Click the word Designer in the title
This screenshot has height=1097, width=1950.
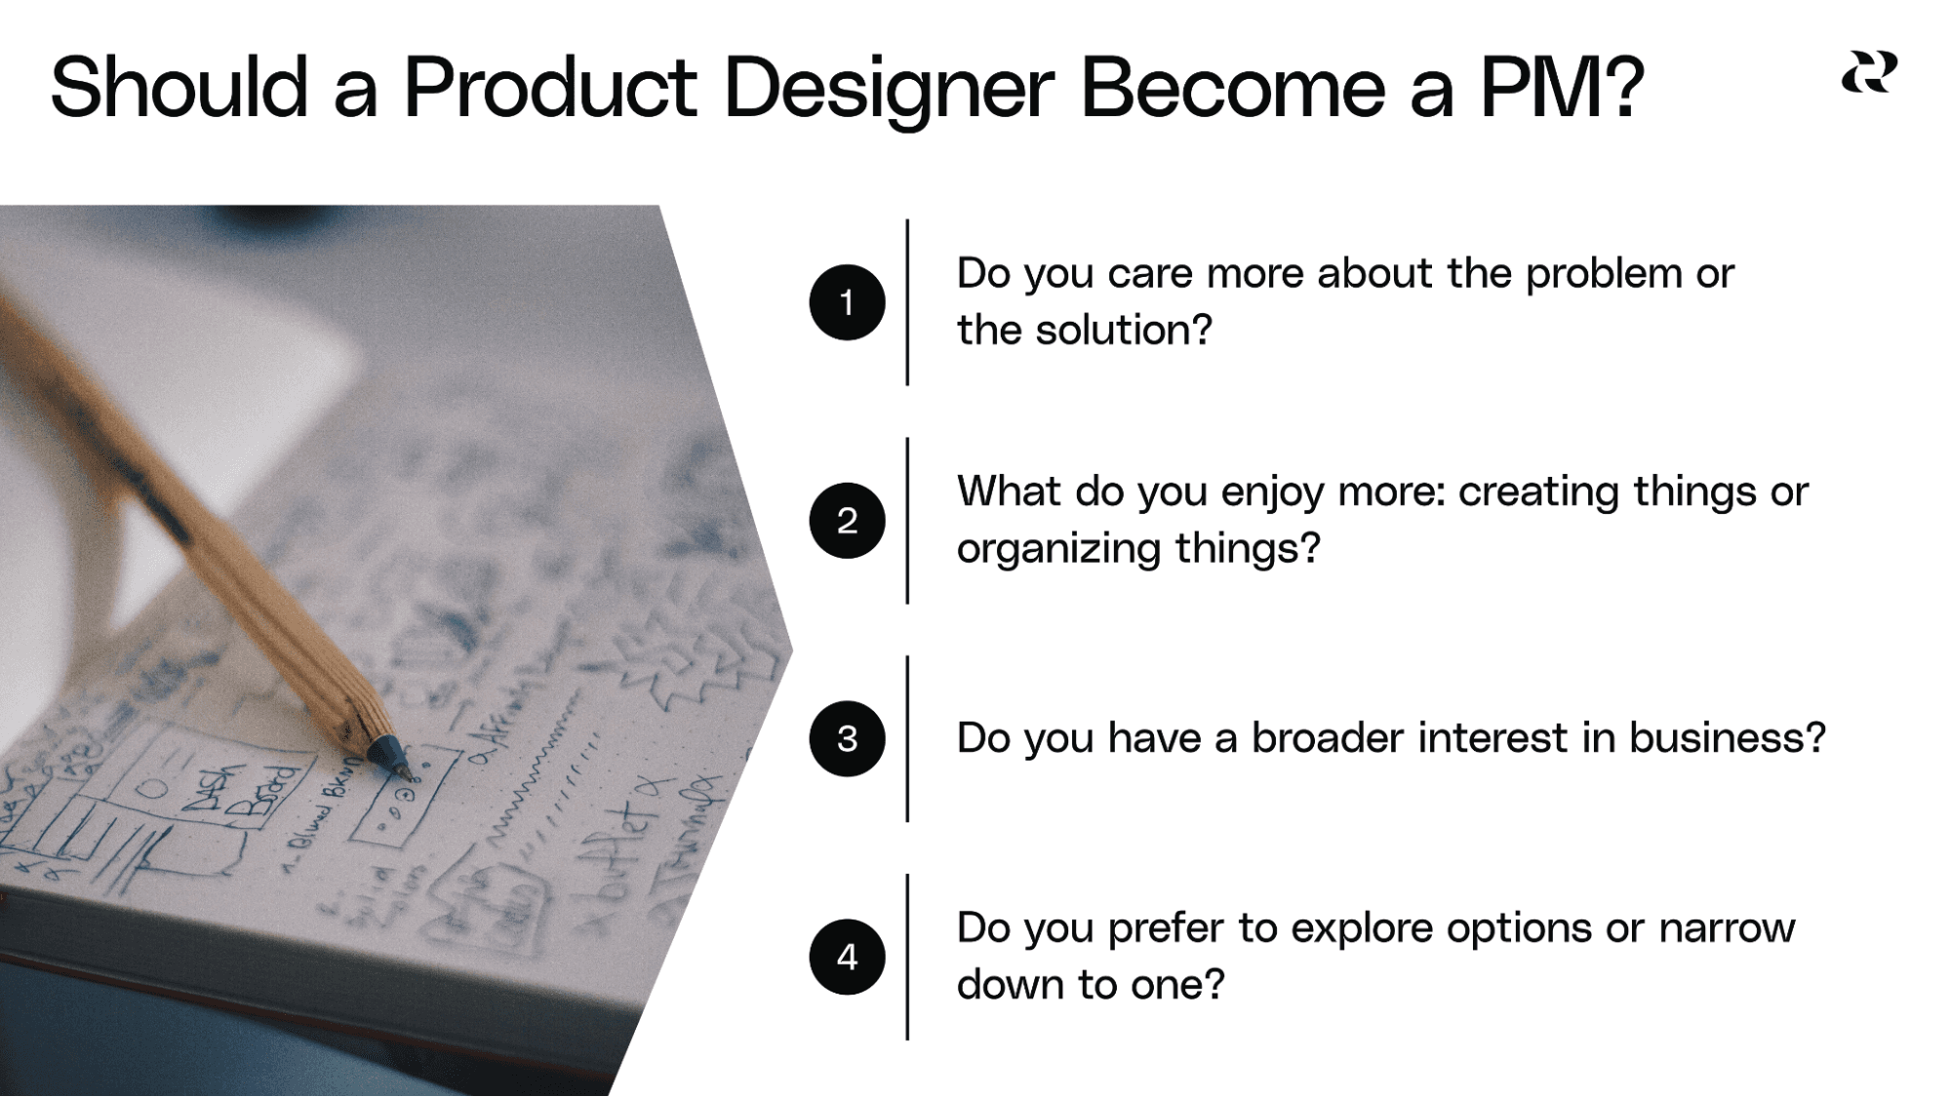tap(888, 90)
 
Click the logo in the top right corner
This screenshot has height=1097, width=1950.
tap(1869, 73)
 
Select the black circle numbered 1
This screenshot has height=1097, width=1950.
tap(847, 302)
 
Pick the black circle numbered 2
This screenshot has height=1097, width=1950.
tap(847, 521)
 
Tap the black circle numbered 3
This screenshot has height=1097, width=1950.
tap(847, 739)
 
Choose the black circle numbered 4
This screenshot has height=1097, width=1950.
tap(847, 957)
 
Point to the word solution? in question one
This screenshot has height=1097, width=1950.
tap(1123, 331)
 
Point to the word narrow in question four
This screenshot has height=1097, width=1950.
tap(1727, 928)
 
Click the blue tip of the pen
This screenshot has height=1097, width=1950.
tap(387, 756)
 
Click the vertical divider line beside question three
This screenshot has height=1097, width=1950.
tap(907, 739)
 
